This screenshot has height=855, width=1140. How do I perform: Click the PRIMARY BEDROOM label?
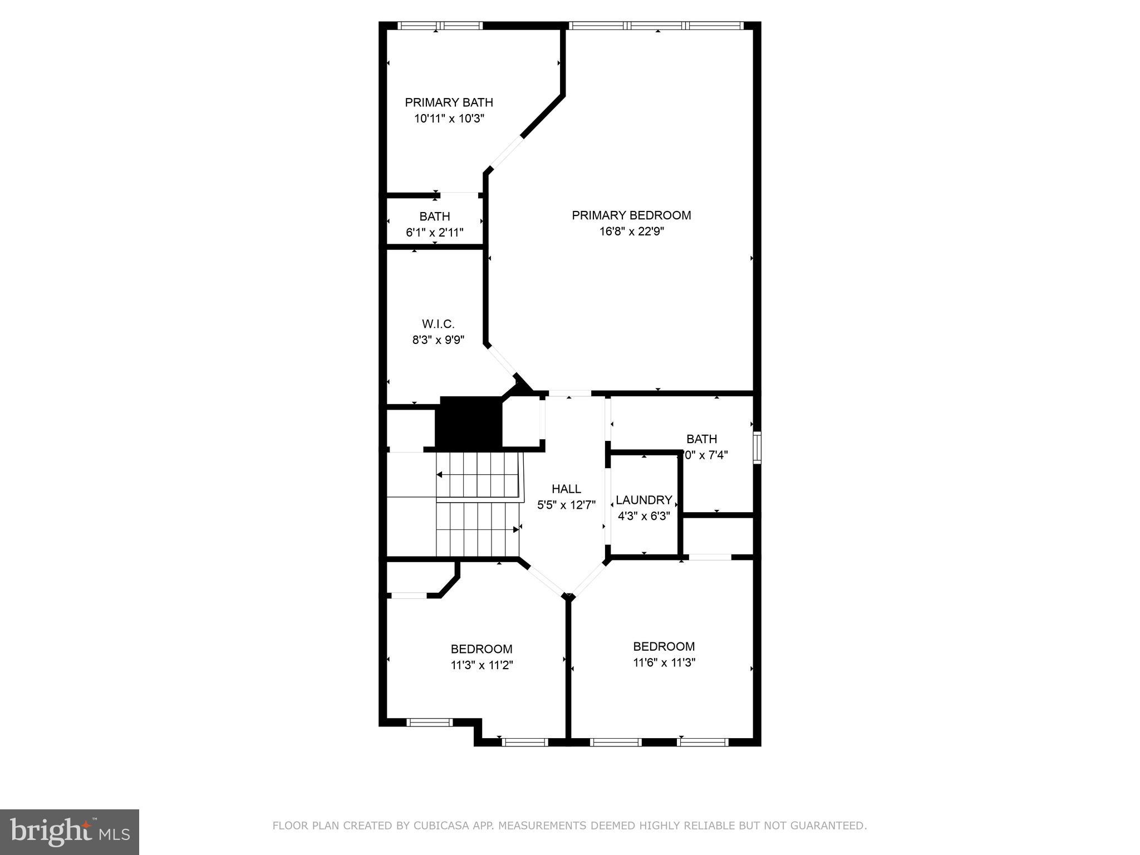coord(631,215)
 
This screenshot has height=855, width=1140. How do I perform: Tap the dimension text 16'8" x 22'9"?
coord(631,232)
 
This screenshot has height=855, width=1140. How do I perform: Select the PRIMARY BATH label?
coord(449,102)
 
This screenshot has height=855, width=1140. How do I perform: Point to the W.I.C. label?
coord(438,324)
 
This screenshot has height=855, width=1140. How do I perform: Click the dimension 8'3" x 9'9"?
coord(438,340)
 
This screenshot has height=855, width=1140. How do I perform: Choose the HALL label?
coord(566,489)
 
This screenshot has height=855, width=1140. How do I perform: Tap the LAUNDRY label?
coord(643,500)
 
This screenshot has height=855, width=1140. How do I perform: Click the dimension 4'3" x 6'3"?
coord(643,516)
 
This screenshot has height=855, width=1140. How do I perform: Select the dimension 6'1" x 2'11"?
coord(435,233)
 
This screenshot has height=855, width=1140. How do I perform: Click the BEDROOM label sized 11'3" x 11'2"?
coord(481,649)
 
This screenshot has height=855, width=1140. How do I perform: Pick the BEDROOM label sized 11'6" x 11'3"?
coord(664,646)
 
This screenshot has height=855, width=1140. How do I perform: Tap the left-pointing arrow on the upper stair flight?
coord(439,475)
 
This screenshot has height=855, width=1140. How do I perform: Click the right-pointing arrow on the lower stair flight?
coord(515,529)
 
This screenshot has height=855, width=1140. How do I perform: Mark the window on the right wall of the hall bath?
coord(756,447)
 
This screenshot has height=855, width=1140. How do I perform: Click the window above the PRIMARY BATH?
coord(440,26)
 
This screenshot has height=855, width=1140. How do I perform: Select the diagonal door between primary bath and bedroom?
coord(506,153)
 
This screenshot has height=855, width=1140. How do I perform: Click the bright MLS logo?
coord(69,832)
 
